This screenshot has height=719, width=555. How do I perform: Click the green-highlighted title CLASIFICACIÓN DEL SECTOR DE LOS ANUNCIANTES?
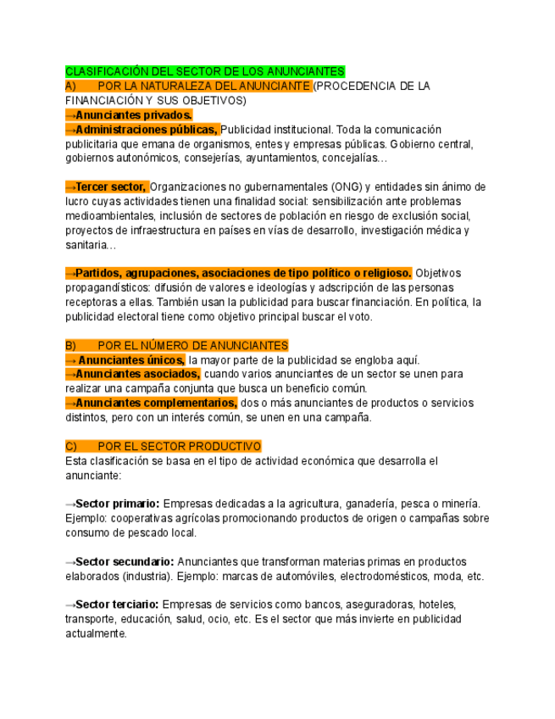point(205,72)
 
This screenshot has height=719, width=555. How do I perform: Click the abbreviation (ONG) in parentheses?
point(347,187)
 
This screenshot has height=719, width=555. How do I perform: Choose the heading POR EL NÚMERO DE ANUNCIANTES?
point(193,346)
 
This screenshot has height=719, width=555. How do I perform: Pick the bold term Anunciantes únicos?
point(131,360)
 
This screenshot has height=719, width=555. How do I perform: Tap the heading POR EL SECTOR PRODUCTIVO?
point(180,446)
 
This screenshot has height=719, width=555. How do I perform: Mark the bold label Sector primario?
point(117,504)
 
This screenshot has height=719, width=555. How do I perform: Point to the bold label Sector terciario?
point(117,605)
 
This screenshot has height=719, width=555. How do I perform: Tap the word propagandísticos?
point(107,287)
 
